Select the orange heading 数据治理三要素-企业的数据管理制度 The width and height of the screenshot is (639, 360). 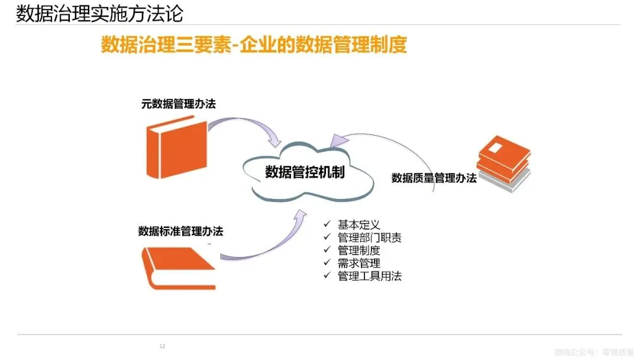pos(254,44)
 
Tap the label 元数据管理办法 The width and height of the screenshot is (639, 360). pos(178,104)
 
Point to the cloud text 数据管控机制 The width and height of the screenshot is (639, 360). pos(305,172)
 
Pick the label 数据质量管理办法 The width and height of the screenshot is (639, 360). pos(434,178)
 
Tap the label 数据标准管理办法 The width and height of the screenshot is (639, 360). pos(180,231)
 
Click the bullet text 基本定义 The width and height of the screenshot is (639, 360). pos(359,225)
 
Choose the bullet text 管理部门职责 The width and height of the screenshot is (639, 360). pos(369,238)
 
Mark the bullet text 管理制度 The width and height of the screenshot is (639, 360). pos(359,250)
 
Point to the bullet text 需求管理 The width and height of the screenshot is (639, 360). pos(359,263)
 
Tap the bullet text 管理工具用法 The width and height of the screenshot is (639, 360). pos(369,276)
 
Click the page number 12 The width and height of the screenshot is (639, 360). pos(162,346)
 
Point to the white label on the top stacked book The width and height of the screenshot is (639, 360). pos(496,146)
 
